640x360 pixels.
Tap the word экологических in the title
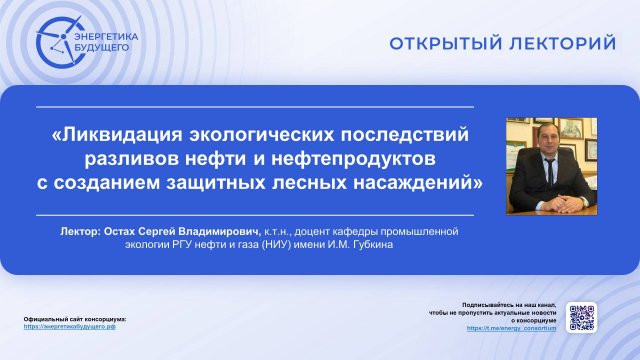262,134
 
